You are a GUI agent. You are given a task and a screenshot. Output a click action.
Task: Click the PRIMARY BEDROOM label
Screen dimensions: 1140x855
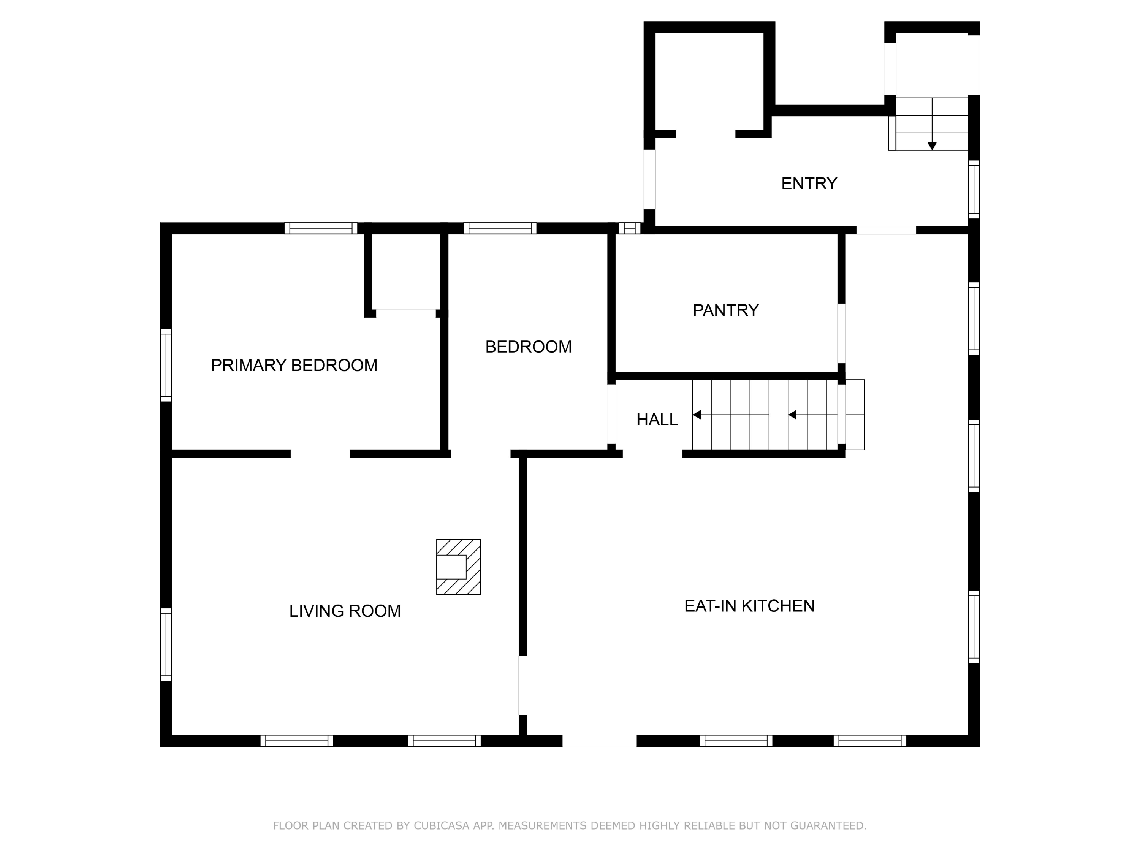click(294, 366)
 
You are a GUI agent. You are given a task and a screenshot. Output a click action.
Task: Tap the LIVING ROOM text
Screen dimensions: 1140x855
click(345, 611)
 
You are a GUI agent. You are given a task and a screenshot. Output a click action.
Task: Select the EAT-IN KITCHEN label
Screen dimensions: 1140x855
click(749, 606)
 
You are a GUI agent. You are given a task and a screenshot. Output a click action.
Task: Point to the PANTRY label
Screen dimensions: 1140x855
click(726, 310)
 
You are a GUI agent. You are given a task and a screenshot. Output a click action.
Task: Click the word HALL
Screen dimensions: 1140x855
click(657, 420)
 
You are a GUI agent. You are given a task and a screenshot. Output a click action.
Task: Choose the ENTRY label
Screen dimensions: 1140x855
click(809, 184)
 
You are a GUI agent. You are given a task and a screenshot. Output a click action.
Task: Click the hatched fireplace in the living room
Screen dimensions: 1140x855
click(458, 567)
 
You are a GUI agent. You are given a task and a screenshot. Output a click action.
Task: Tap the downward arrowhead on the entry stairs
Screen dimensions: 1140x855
click(932, 146)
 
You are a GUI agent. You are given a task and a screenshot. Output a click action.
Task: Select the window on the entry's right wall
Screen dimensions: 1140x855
click(974, 190)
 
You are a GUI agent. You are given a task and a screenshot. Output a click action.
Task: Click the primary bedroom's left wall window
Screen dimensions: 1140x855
click(166, 365)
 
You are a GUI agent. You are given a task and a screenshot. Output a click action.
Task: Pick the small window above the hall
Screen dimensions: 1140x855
click(629, 228)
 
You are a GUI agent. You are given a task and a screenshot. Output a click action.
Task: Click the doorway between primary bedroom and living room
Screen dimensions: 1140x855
click(321, 453)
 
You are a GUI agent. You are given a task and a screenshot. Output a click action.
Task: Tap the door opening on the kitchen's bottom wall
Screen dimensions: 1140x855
click(599, 741)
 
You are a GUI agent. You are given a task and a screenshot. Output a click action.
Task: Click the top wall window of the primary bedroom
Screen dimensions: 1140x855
click(321, 228)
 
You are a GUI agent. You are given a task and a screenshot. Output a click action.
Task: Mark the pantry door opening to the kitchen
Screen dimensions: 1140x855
click(841, 333)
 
